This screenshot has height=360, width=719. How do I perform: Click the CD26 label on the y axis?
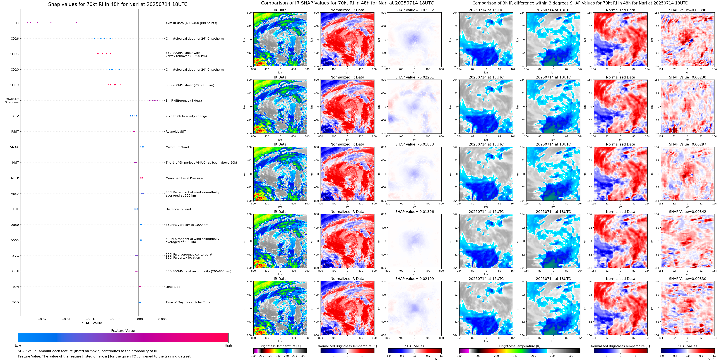click(15, 39)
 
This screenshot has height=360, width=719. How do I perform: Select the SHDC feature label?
click(15, 54)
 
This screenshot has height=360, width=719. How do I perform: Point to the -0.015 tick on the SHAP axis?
click(67, 319)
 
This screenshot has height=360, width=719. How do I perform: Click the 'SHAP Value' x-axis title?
click(92, 323)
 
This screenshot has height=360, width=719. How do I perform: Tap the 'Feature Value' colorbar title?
click(123, 331)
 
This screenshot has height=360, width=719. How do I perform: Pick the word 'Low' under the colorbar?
click(18, 345)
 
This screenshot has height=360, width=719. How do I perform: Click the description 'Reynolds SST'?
click(175, 132)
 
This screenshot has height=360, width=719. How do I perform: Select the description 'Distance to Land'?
click(178, 209)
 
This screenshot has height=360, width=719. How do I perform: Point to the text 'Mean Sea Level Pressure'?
click(184, 178)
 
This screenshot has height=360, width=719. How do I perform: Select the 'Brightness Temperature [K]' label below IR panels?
click(280, 346)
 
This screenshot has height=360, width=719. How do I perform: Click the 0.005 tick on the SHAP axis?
click(162, 319)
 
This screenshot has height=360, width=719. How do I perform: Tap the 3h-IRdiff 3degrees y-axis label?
click(12, 101)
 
